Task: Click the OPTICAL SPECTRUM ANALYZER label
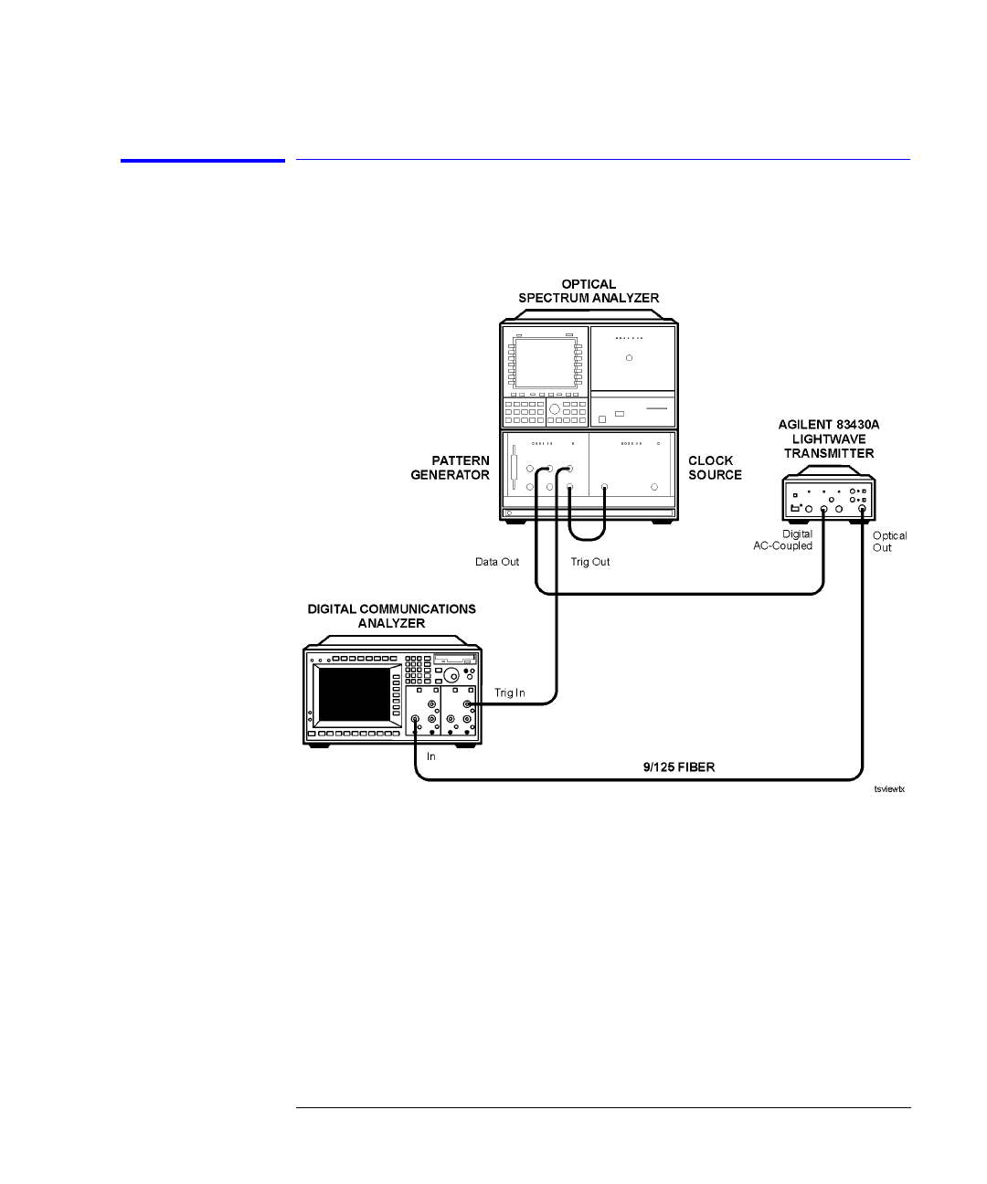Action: click(589, 291)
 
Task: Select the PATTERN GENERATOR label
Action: click(450, 468)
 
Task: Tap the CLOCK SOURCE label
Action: click(715, 468)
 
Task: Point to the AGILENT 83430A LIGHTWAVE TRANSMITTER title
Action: click(828, 439)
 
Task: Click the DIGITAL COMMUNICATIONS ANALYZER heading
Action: click(391, 616)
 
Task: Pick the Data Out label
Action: click(497, 562)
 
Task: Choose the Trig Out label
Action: click(590, 562)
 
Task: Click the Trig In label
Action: click(510, 693)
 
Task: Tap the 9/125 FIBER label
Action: click(678, 767)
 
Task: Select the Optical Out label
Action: click(889, 542)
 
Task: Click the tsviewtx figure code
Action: click(888, 789)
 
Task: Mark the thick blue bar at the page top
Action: click(203, 162)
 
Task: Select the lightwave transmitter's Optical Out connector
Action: click(862, 511)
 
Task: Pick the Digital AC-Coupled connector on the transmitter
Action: click(823, 511)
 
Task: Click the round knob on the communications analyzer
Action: click(450, 674)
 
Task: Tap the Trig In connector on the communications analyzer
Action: click(468, 704)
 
